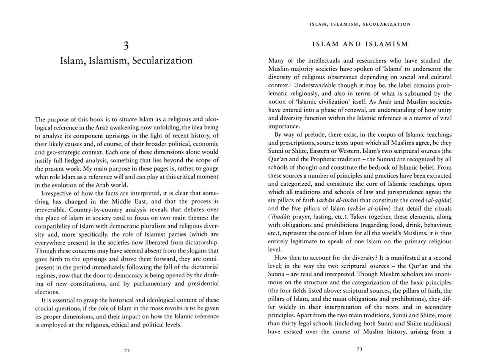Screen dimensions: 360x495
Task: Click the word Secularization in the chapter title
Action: tap(162, 61)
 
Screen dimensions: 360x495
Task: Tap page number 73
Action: tap(360, 350)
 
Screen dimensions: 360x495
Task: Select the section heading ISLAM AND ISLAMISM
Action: tap(360, 44)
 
